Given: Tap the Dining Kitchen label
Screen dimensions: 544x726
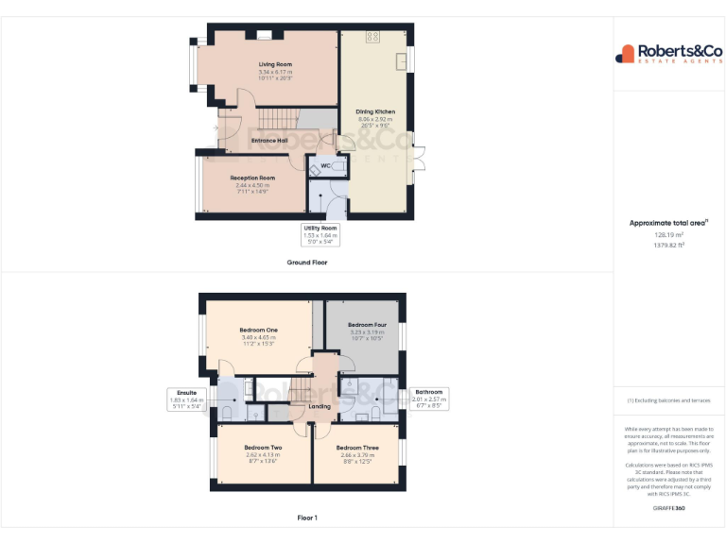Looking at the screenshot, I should pos(375,111).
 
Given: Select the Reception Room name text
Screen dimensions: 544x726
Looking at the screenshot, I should pos(252,178).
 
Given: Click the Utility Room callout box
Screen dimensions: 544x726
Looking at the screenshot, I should pos(320,234).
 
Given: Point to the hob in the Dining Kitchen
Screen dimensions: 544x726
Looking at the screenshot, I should pos(372,38).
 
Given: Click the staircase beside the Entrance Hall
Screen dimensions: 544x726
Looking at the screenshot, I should pos(280,119).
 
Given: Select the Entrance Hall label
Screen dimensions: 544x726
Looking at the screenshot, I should pos(269,141).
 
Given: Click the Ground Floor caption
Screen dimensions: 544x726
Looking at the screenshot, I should pos(306,262).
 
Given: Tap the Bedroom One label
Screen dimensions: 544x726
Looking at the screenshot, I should pos(258,330).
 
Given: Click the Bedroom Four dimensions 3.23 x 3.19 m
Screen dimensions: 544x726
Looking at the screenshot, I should pos(367,331).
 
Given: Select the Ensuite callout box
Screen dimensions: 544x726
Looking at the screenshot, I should pos(186,399).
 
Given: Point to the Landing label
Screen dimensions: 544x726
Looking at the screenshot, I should pos(320,407).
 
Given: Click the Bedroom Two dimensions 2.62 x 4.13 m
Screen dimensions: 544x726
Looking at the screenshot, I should pos(263,455).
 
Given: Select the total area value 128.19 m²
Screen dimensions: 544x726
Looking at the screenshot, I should pos(668,235).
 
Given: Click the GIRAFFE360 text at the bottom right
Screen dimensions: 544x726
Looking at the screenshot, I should pos(668,508).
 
